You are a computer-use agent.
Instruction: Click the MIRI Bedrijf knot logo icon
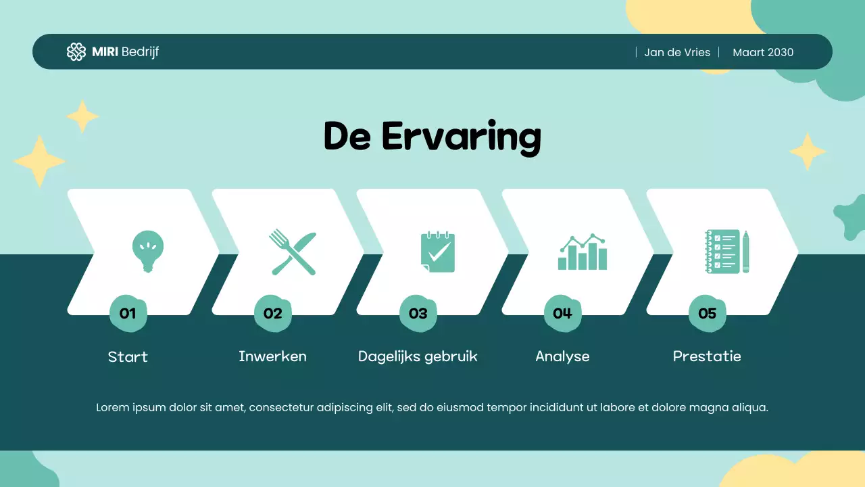[76, 52]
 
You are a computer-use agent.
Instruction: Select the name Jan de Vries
[677, 52]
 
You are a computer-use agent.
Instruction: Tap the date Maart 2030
[763, 52]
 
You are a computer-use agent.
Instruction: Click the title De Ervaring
[432, 136]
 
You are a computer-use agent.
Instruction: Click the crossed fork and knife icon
[293, 252]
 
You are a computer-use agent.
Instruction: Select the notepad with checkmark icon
[437, 252]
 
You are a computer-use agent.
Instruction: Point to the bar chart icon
[583, 252]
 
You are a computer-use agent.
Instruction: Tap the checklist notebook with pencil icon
[727, 252]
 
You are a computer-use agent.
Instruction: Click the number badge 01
[128, 313]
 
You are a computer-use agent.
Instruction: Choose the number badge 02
[272, 313]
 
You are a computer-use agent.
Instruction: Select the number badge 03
[418, 313]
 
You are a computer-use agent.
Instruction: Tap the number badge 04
[562, 313]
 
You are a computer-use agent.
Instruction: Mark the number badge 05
[707, 313]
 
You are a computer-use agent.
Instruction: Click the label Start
[128, 356]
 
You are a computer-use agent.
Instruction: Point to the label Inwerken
[272, 356]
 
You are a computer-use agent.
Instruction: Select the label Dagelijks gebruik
[418, 356]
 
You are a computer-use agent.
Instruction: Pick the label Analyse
[562, 356]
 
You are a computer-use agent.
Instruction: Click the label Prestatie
[707, 356]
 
